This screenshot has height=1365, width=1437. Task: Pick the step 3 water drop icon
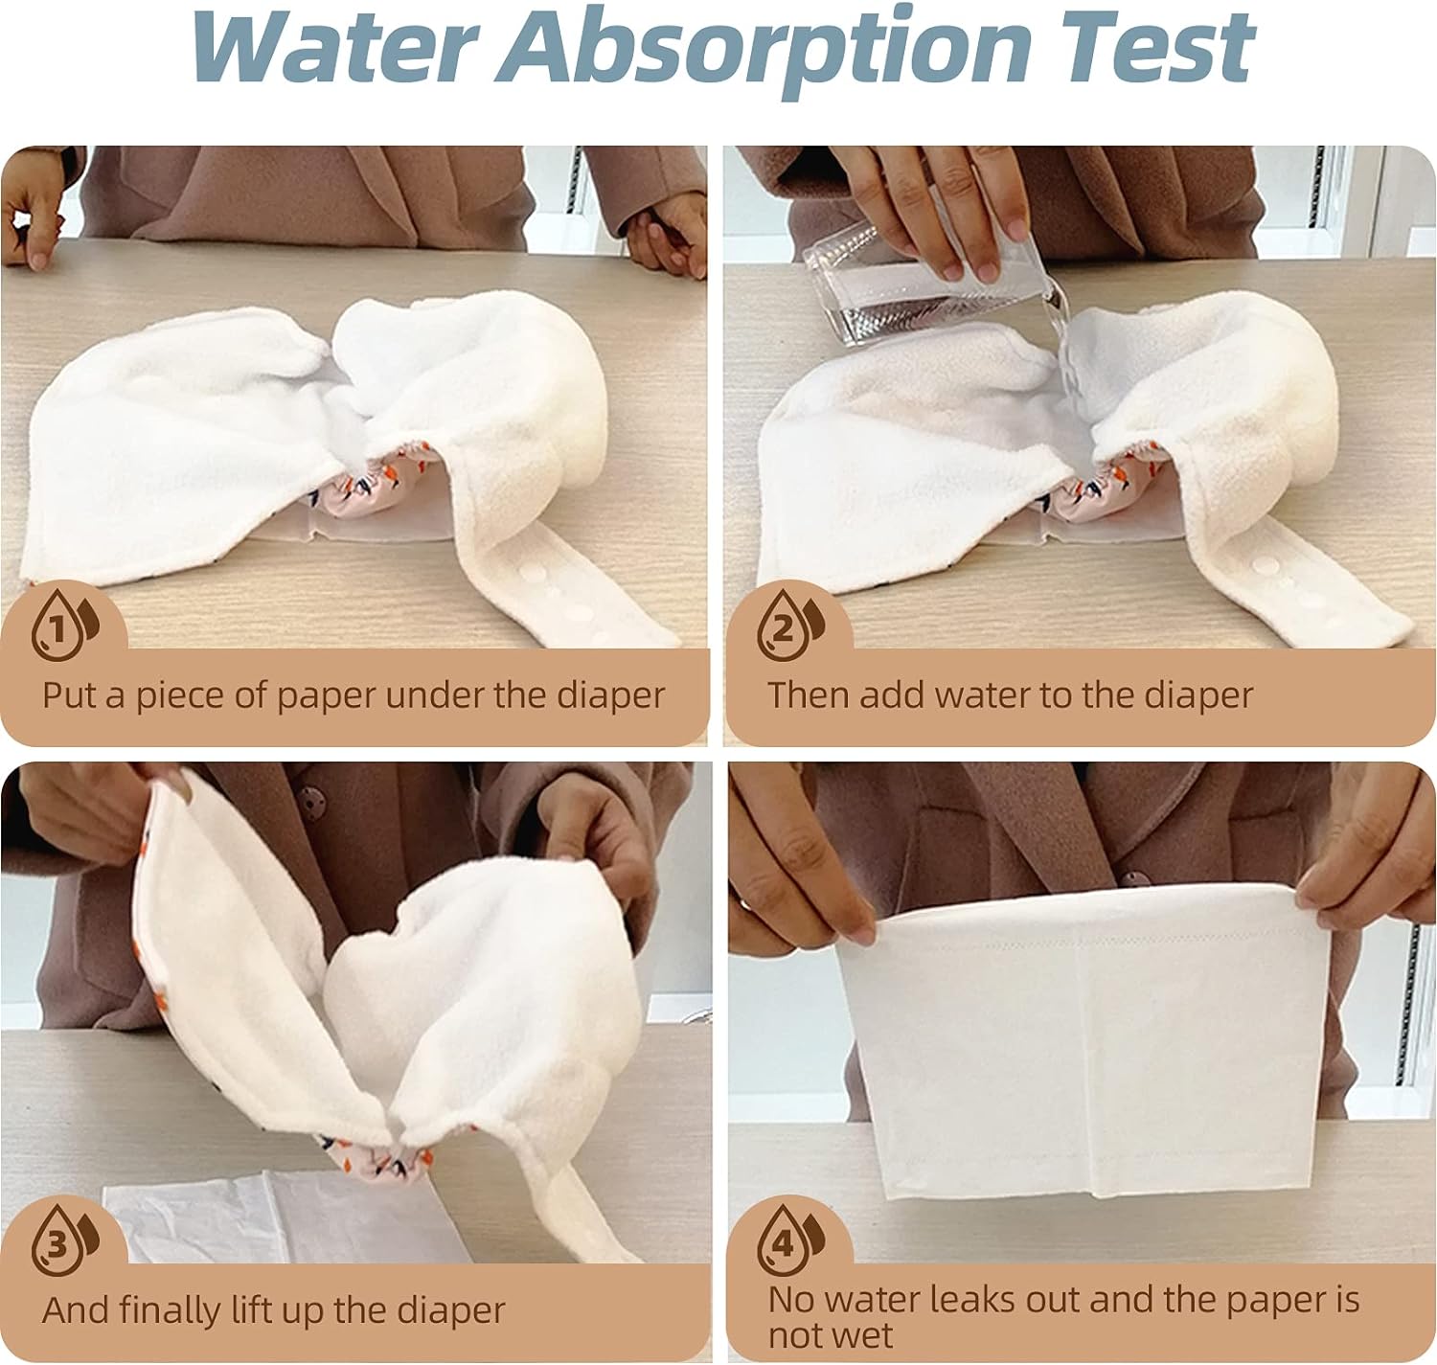[64, 1240]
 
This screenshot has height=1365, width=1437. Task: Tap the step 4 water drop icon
[789, 1240]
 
